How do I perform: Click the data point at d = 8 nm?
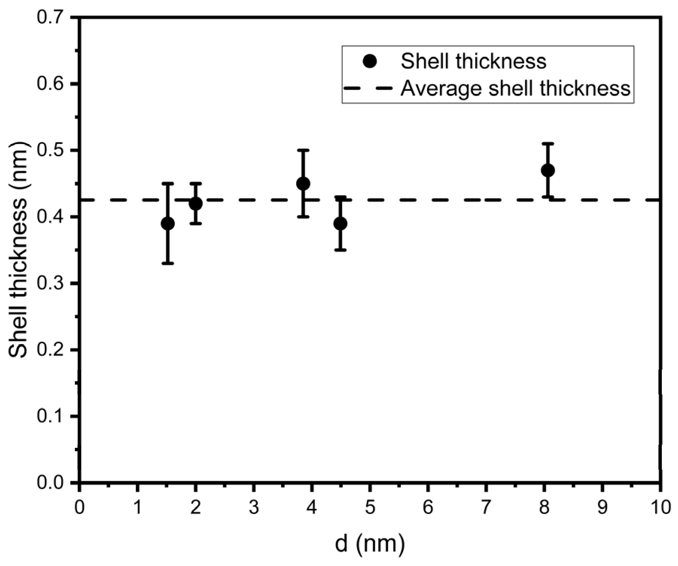(547, 170)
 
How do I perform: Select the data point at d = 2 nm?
(196, 204)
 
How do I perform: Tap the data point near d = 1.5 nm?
(167, 224)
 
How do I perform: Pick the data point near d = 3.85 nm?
(303, 184)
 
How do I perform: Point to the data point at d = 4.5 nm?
(340, 224)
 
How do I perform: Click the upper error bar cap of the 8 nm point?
(547, 144)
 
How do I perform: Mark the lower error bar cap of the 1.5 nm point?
(167, 263)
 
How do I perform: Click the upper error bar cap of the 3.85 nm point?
(303, 150)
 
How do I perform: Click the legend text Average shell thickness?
(515, 89)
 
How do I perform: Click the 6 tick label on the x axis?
(428, 508)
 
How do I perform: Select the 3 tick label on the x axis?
(254, 508)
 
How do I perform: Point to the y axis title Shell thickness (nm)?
(18, 250)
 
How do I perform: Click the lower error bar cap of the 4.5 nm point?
(340, 250)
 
